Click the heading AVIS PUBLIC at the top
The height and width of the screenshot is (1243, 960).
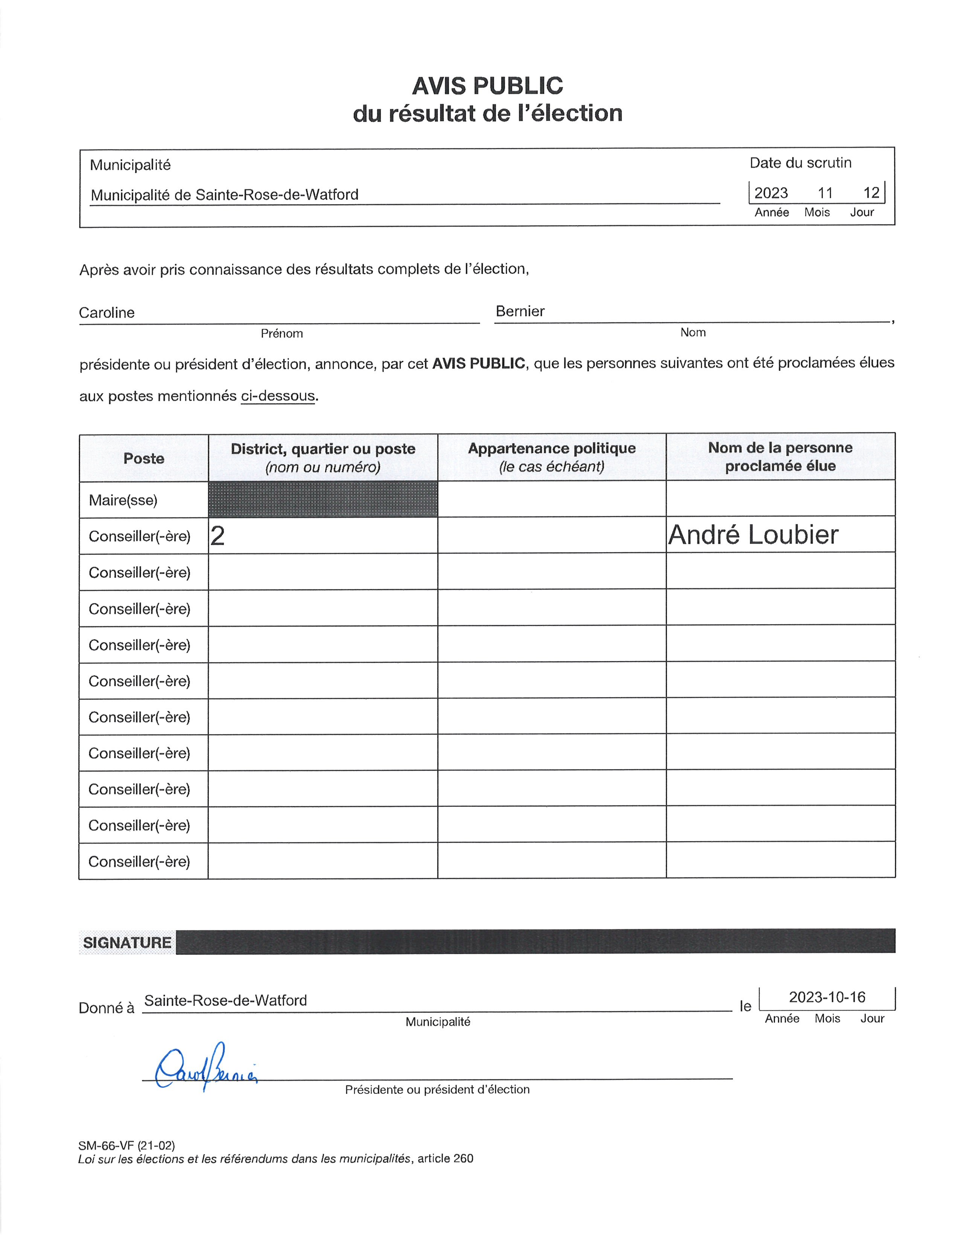pos(488,86)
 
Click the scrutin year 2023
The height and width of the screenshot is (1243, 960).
pos(771,193)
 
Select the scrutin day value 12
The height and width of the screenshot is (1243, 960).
pos(871,193)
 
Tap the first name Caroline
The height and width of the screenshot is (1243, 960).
pos(107,313)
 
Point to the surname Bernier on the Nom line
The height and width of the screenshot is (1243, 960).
pos(520,312)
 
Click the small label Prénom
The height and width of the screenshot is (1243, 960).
pos(282,333)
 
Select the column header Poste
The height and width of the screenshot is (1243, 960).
pos(143,458)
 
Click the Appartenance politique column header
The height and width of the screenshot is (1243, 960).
pos(552,449)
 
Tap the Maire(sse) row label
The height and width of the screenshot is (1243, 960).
pos(123,500)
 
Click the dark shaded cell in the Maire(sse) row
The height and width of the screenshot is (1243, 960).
pos(323,499)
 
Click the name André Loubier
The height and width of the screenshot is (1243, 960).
pos(753,535)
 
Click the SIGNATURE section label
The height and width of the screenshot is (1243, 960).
pos(127,942)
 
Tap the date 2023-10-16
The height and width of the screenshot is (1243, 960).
pos(827,997)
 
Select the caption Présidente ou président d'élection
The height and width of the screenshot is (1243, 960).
pos(437,1089)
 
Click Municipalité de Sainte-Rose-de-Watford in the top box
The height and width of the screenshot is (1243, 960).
pos(225,195)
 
